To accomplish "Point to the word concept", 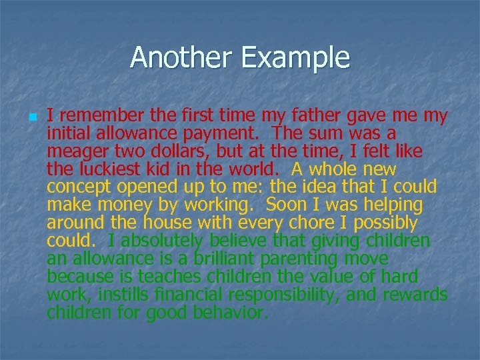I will [77, 187].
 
